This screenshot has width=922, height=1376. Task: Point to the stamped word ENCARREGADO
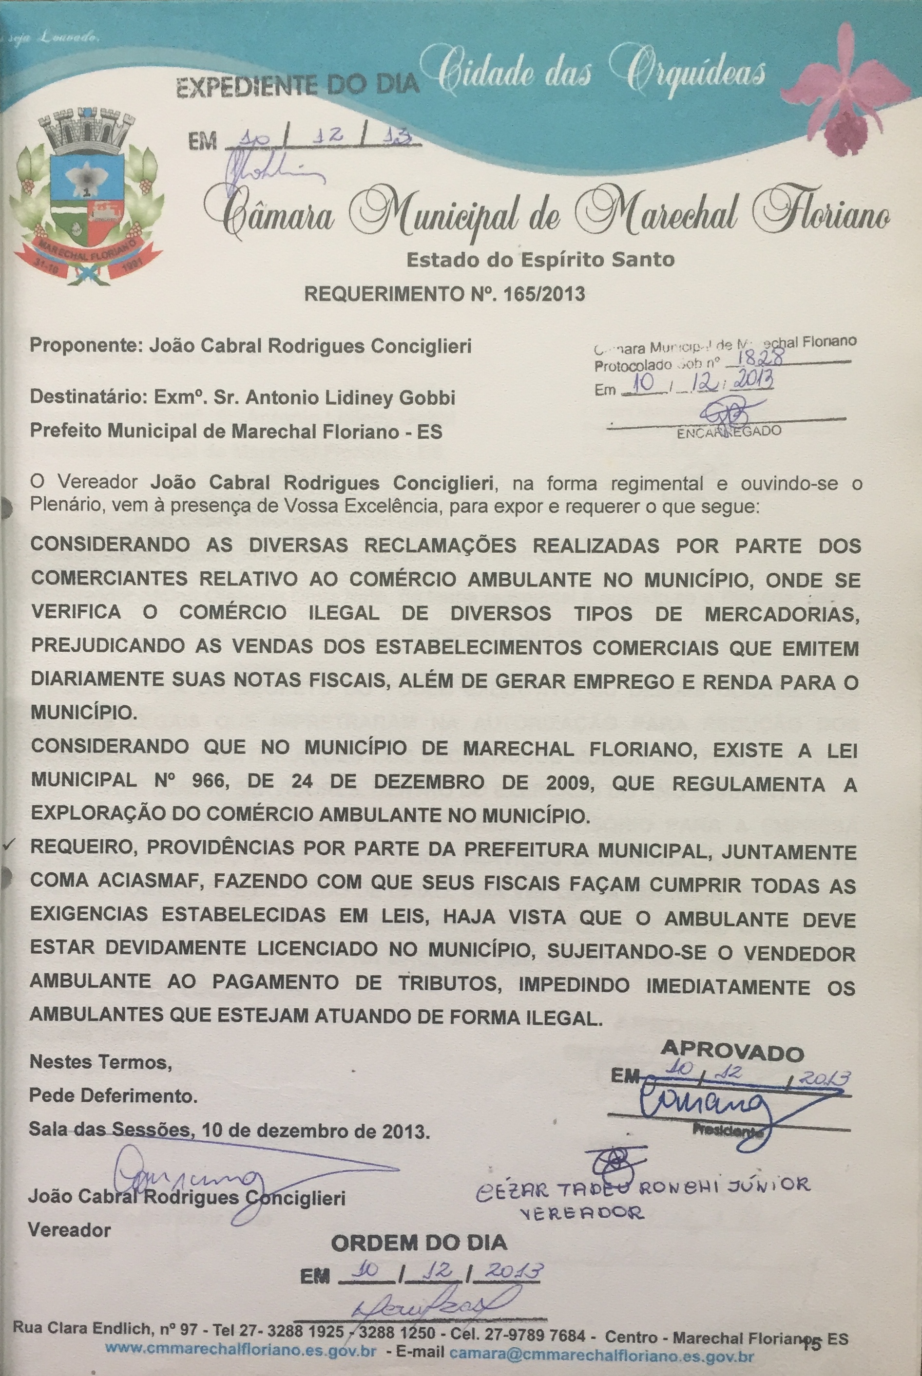tap(729, 432)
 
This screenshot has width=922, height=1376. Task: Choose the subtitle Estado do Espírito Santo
tap(540, 259)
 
